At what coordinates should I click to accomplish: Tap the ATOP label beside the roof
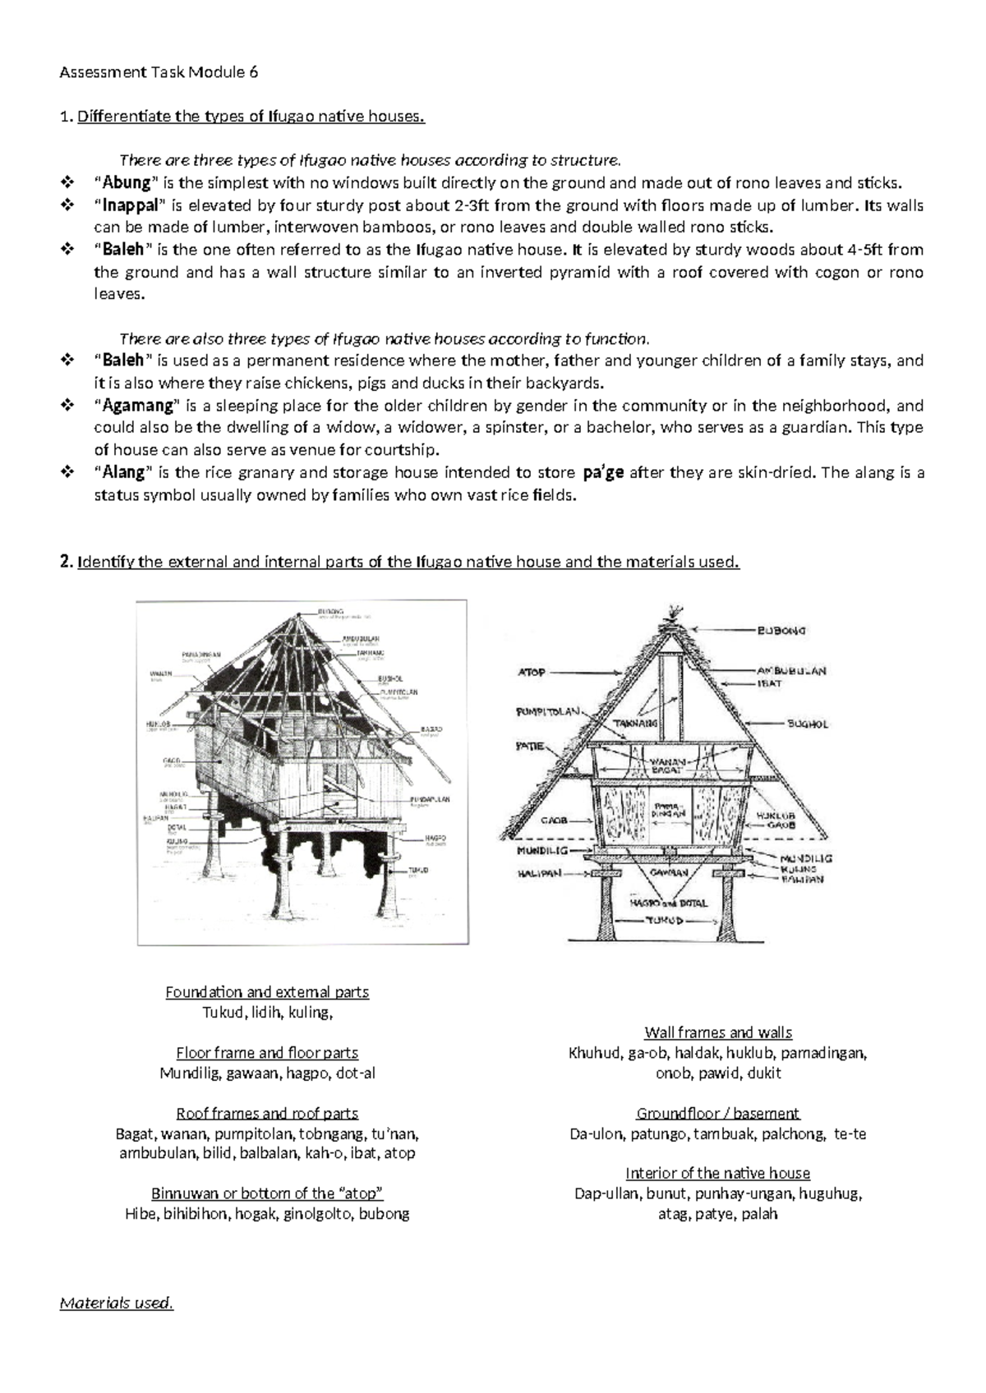(532, 672)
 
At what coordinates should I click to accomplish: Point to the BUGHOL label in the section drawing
(808, 724)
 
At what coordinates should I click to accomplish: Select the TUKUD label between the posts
(663, 921)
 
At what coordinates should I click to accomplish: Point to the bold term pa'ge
(603, 472)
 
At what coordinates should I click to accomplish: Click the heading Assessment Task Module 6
(159, 72)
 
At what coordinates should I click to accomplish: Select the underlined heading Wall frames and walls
(718, 1032)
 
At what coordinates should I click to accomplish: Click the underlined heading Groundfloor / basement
(718, 1114)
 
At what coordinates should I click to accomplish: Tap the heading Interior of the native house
(718, 1173)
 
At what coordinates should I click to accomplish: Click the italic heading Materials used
(117, 1303)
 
